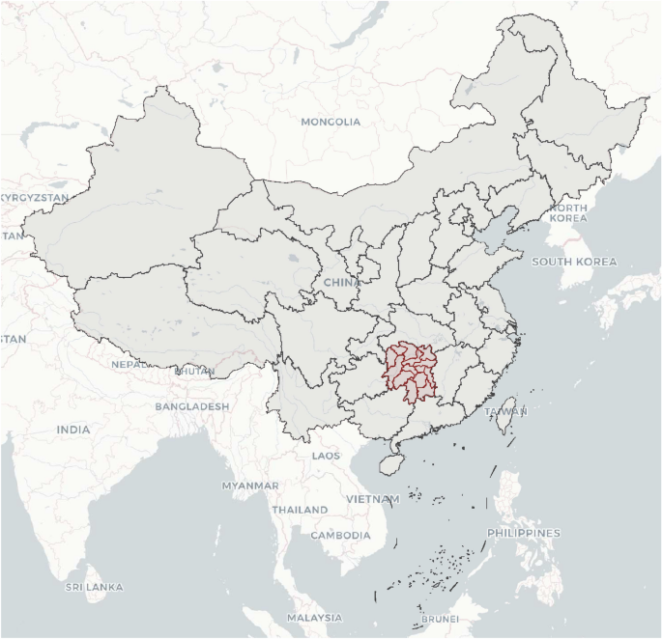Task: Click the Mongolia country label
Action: (x=331, y=122)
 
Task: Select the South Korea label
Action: (x=573, y=262)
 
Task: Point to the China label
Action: (x=339, y=282)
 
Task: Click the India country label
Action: (x=72, y=430)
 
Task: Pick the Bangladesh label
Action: (x=192, y=406)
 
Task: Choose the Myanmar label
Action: (x=250, y=485)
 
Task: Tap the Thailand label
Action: (x=300, y=509)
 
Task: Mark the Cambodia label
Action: (x=340, y=535)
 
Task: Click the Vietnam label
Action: (x=372, y=499)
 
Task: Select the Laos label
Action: (x=326, y=455)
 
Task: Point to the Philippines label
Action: (x=524, y=533)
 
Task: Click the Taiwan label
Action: (x=505, y=411)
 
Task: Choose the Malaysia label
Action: (x=314, y=617)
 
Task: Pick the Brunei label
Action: (x=439, y=619)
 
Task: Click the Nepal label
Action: (x=130, y=365)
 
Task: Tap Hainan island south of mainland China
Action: (x=390, y=463)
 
